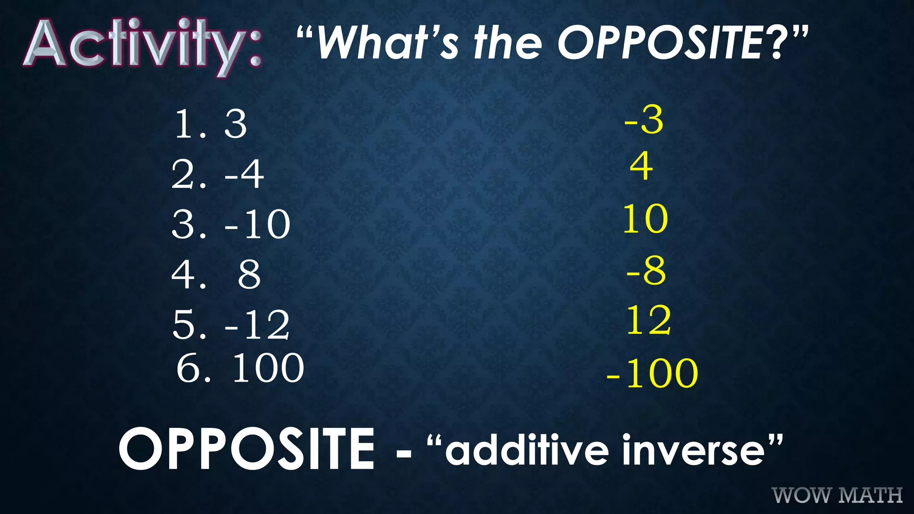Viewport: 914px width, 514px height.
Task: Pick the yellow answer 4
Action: coord(641,166)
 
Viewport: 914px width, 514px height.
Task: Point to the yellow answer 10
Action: coord(645,219)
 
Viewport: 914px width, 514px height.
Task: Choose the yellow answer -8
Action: coord(646,270)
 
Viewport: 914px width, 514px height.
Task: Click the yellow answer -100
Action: coord(652,373)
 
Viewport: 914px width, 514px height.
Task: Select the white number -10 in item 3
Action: coord(258,224)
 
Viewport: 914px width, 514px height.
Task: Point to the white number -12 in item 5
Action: coord(257,325)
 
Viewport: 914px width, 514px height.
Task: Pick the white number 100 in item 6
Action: coord(268,368)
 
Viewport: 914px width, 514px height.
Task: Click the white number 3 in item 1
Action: coord(235,124)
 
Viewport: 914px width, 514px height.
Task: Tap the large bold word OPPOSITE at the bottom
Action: coord(246,449)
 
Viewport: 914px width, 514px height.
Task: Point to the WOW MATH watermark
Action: coord(837,495)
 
